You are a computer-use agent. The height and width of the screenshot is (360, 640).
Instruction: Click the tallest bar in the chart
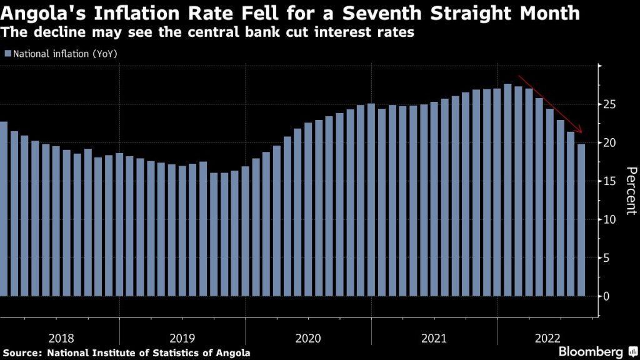point(507,187)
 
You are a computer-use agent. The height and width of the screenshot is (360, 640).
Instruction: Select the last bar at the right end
point(581,219)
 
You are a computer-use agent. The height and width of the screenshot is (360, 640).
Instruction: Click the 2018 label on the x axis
point(60,338)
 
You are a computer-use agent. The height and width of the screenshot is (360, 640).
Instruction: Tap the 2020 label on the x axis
point(307,338)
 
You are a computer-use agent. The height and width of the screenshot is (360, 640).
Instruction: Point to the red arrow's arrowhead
point(581,131)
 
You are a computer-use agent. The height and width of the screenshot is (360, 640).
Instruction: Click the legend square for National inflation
point(7,54)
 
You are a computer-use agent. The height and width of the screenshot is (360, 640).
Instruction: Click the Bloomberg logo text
point(590,351)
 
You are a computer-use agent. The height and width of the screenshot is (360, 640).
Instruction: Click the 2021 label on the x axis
point(434,338)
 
